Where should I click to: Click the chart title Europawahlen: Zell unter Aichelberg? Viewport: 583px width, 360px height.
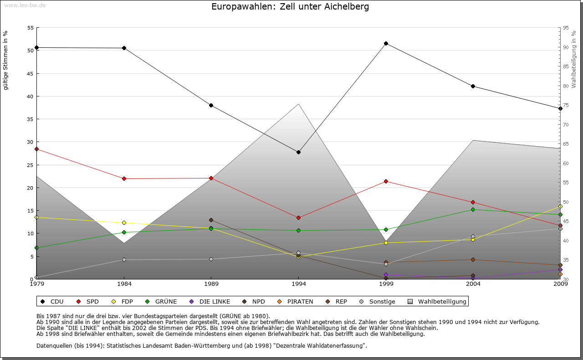[290, 7]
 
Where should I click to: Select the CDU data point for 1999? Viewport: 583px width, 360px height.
[386, 44]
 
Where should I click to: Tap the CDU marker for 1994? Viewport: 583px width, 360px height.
[298, 152]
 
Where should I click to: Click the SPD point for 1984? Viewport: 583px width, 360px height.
[124, 178]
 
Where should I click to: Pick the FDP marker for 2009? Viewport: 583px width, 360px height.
[560, 206]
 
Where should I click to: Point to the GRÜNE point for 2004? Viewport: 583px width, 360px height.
[473, 209]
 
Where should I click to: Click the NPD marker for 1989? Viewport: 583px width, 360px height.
[211, 220]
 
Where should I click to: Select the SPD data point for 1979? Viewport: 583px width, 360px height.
[36, 149]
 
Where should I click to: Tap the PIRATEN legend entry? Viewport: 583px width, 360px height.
[296, 301]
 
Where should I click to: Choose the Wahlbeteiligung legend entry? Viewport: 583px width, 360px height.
[437, 301]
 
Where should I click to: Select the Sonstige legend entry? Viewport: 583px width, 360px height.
[378, 301]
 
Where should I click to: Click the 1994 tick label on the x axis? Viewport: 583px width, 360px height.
[299, 285]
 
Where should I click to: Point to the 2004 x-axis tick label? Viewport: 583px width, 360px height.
[473, 285]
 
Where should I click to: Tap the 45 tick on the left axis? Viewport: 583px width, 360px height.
[30, 73]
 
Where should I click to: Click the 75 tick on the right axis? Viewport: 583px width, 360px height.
[566, 105]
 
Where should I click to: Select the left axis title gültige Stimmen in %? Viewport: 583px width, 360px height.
[6, 60]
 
